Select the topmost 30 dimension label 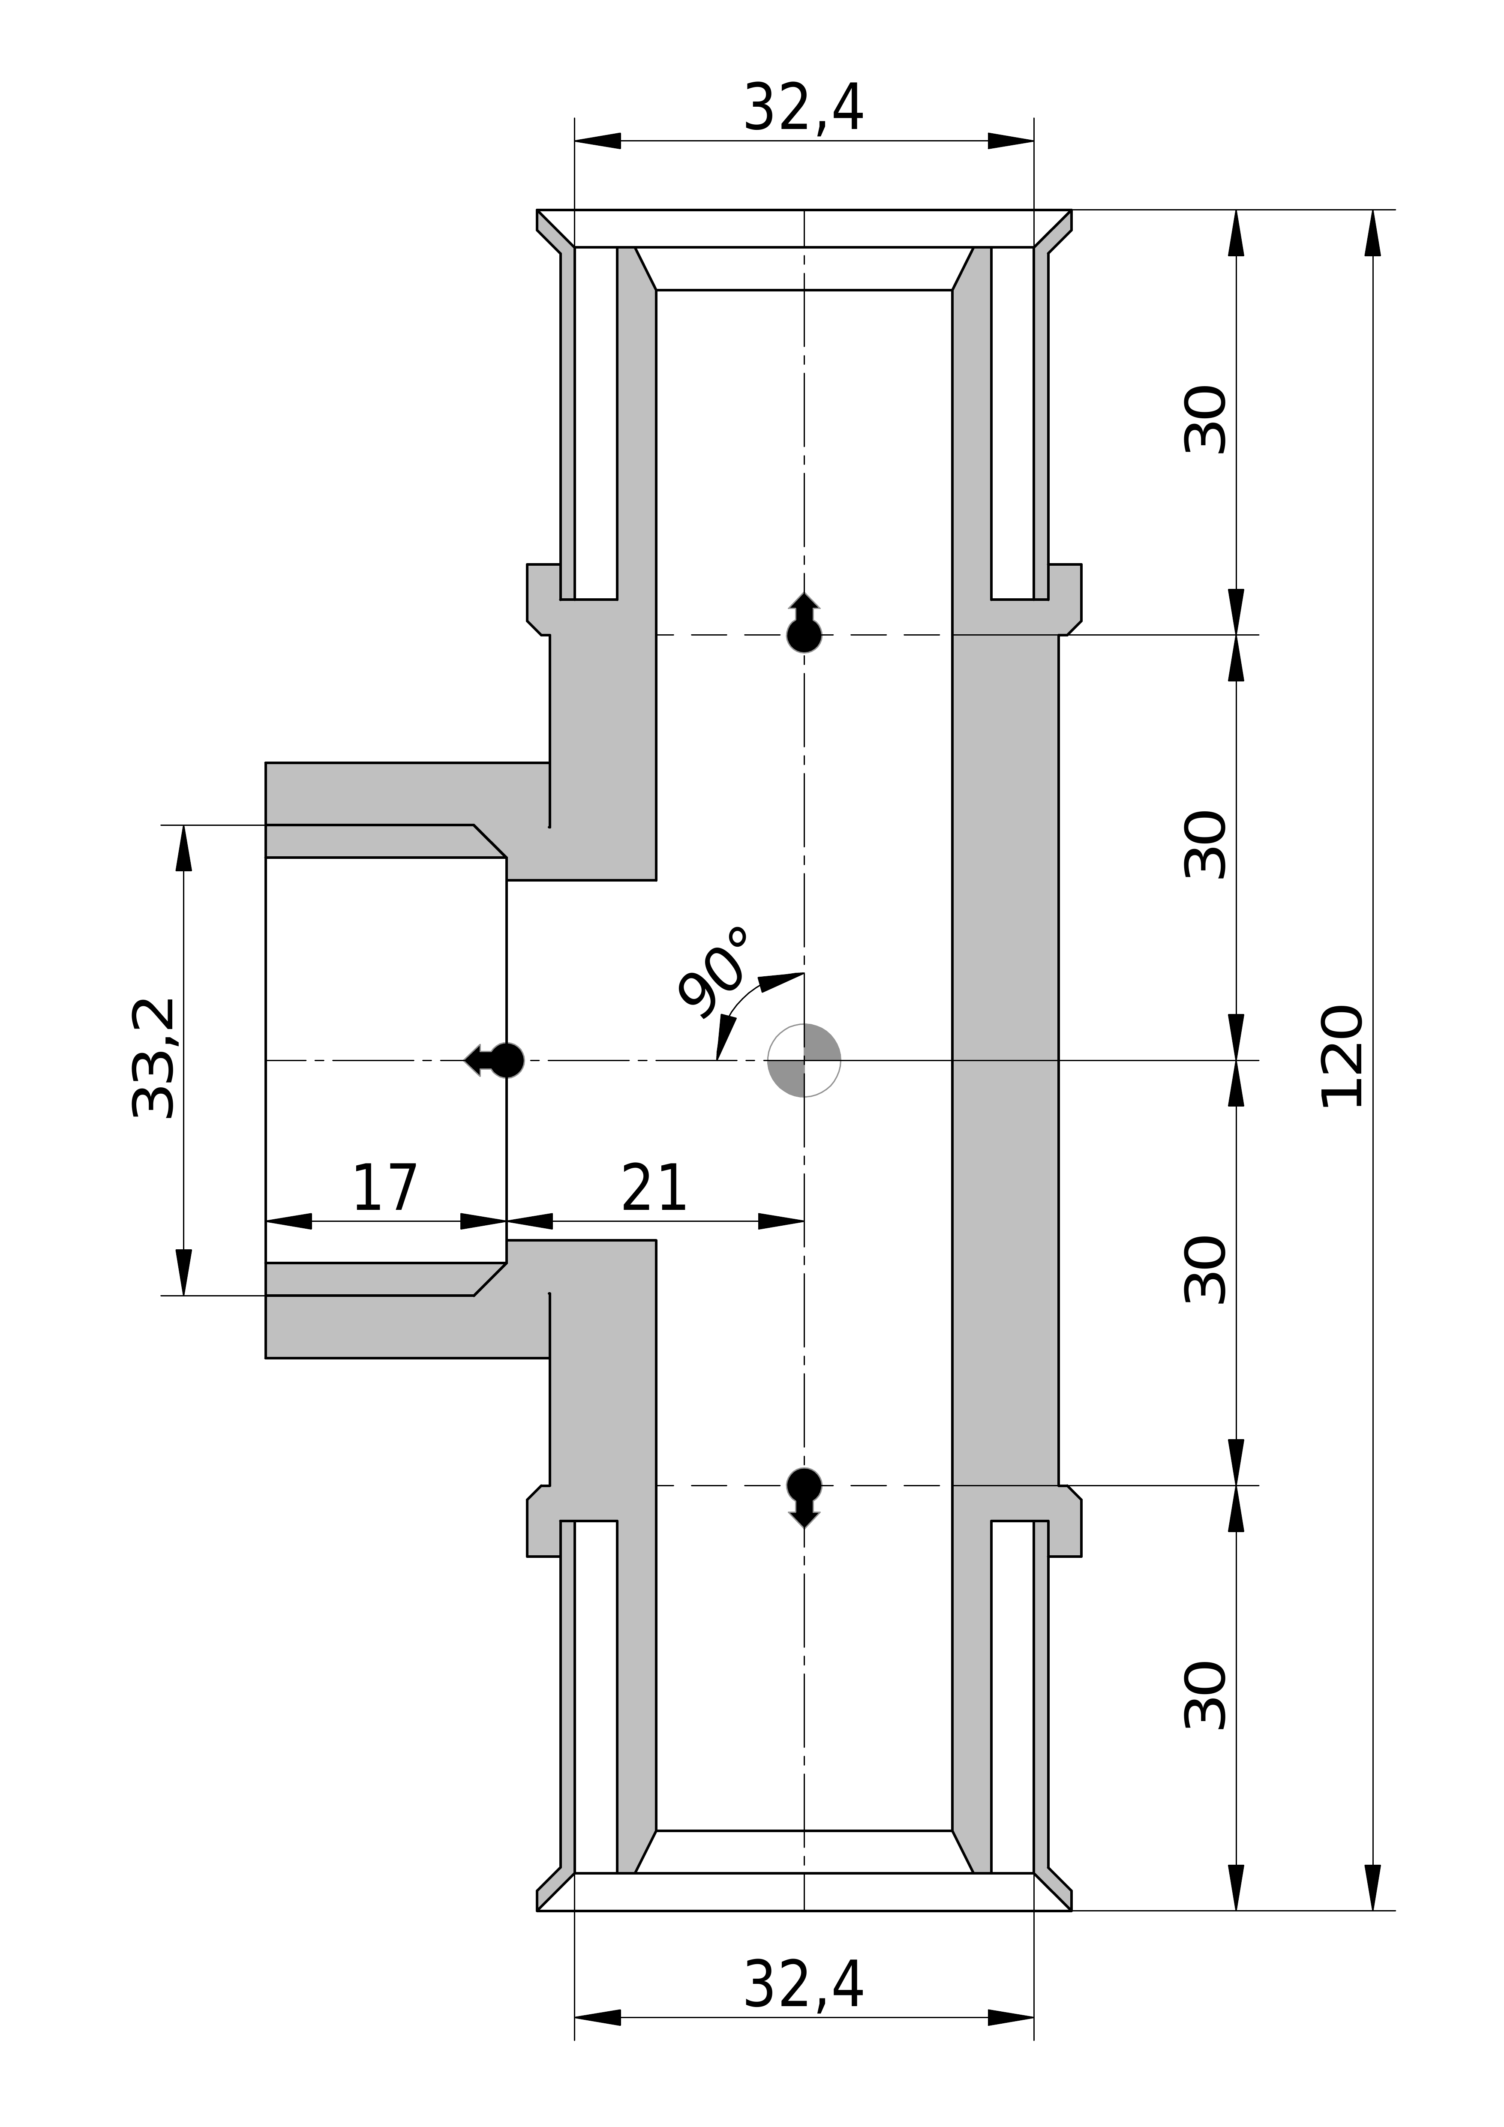[1206, 420]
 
